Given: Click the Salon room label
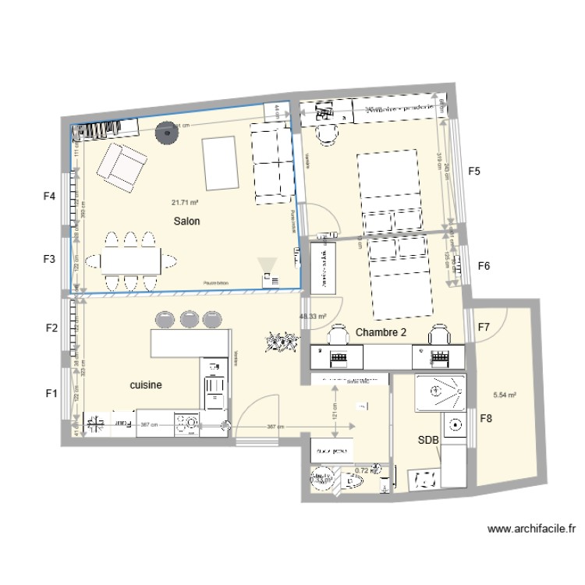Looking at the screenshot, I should point(187,222).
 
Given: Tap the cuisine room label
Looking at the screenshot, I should point(146,385).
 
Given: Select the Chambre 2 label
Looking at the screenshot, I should point(381,332).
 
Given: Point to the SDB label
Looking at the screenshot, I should point(428,441).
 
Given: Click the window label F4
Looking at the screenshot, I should point(49,197).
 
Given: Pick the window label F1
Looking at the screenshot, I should point(51,394).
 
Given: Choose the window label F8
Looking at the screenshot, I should point(486,419).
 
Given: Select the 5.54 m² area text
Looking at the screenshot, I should point(506,395).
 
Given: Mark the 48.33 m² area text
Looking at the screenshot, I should point(313,317).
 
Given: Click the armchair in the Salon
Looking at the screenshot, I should point(122,166).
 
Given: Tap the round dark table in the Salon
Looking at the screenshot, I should point(165,133).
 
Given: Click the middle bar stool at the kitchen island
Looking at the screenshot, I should point(190,319).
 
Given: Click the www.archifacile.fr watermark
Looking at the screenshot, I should point(530,528).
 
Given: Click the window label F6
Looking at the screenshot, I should point(484,267).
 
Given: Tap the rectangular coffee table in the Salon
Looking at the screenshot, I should point(219,162).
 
